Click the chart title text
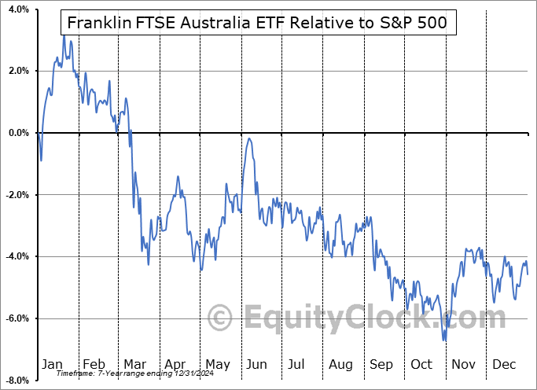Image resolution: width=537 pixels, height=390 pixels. tap(258, 22)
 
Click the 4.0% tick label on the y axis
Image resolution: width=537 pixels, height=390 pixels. tap(17, 9)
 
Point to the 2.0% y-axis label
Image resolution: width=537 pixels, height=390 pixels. tap(17, 71)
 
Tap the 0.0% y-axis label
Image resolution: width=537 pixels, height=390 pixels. tap(17, 133)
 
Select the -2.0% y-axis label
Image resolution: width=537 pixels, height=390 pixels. tap(16, 195)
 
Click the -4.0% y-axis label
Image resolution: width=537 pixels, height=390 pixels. tap(16, 256)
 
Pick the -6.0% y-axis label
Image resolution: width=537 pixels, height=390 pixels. tap(16, 318)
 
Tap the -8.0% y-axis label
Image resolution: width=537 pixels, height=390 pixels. tap(16, 381)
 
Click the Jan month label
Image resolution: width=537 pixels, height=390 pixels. tap(51, 364)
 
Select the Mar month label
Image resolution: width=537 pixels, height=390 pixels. tap(134, 364)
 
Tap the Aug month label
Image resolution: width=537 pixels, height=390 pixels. tap(340, 364)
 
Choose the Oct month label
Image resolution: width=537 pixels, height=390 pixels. tap(422, 364)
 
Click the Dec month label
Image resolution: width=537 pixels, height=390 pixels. tap(505, 364)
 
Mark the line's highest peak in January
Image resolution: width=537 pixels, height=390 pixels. tap(64, 35)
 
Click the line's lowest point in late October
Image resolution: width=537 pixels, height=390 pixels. tap(445, 340)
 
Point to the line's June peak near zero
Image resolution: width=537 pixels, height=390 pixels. tap(249, 138)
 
